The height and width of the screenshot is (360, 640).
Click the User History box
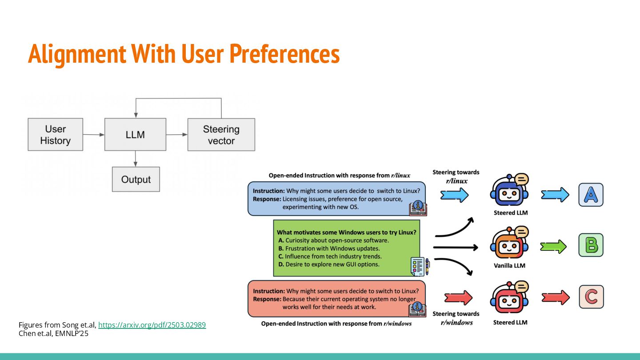point(55,134)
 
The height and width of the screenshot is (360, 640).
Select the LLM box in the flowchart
point(135,134)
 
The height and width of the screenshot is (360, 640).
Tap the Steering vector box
point(221,134)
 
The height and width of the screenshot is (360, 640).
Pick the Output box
point(136,179)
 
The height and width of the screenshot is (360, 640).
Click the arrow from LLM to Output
point(136,159)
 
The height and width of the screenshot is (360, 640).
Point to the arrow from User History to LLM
point(93,134)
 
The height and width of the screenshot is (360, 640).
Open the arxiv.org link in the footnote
point(152,325)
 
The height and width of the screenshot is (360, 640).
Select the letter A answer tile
point(591,195)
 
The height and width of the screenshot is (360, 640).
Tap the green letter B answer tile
point(591,245)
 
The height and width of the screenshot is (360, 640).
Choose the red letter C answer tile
point(591,297)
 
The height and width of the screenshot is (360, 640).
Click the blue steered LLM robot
point(509,192)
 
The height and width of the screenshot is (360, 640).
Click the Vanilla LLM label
point(509,266)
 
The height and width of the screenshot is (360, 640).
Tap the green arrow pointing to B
point(553,247)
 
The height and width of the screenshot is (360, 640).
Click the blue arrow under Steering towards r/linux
point(454,195)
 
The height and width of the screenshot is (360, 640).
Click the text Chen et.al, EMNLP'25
point(53,333)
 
